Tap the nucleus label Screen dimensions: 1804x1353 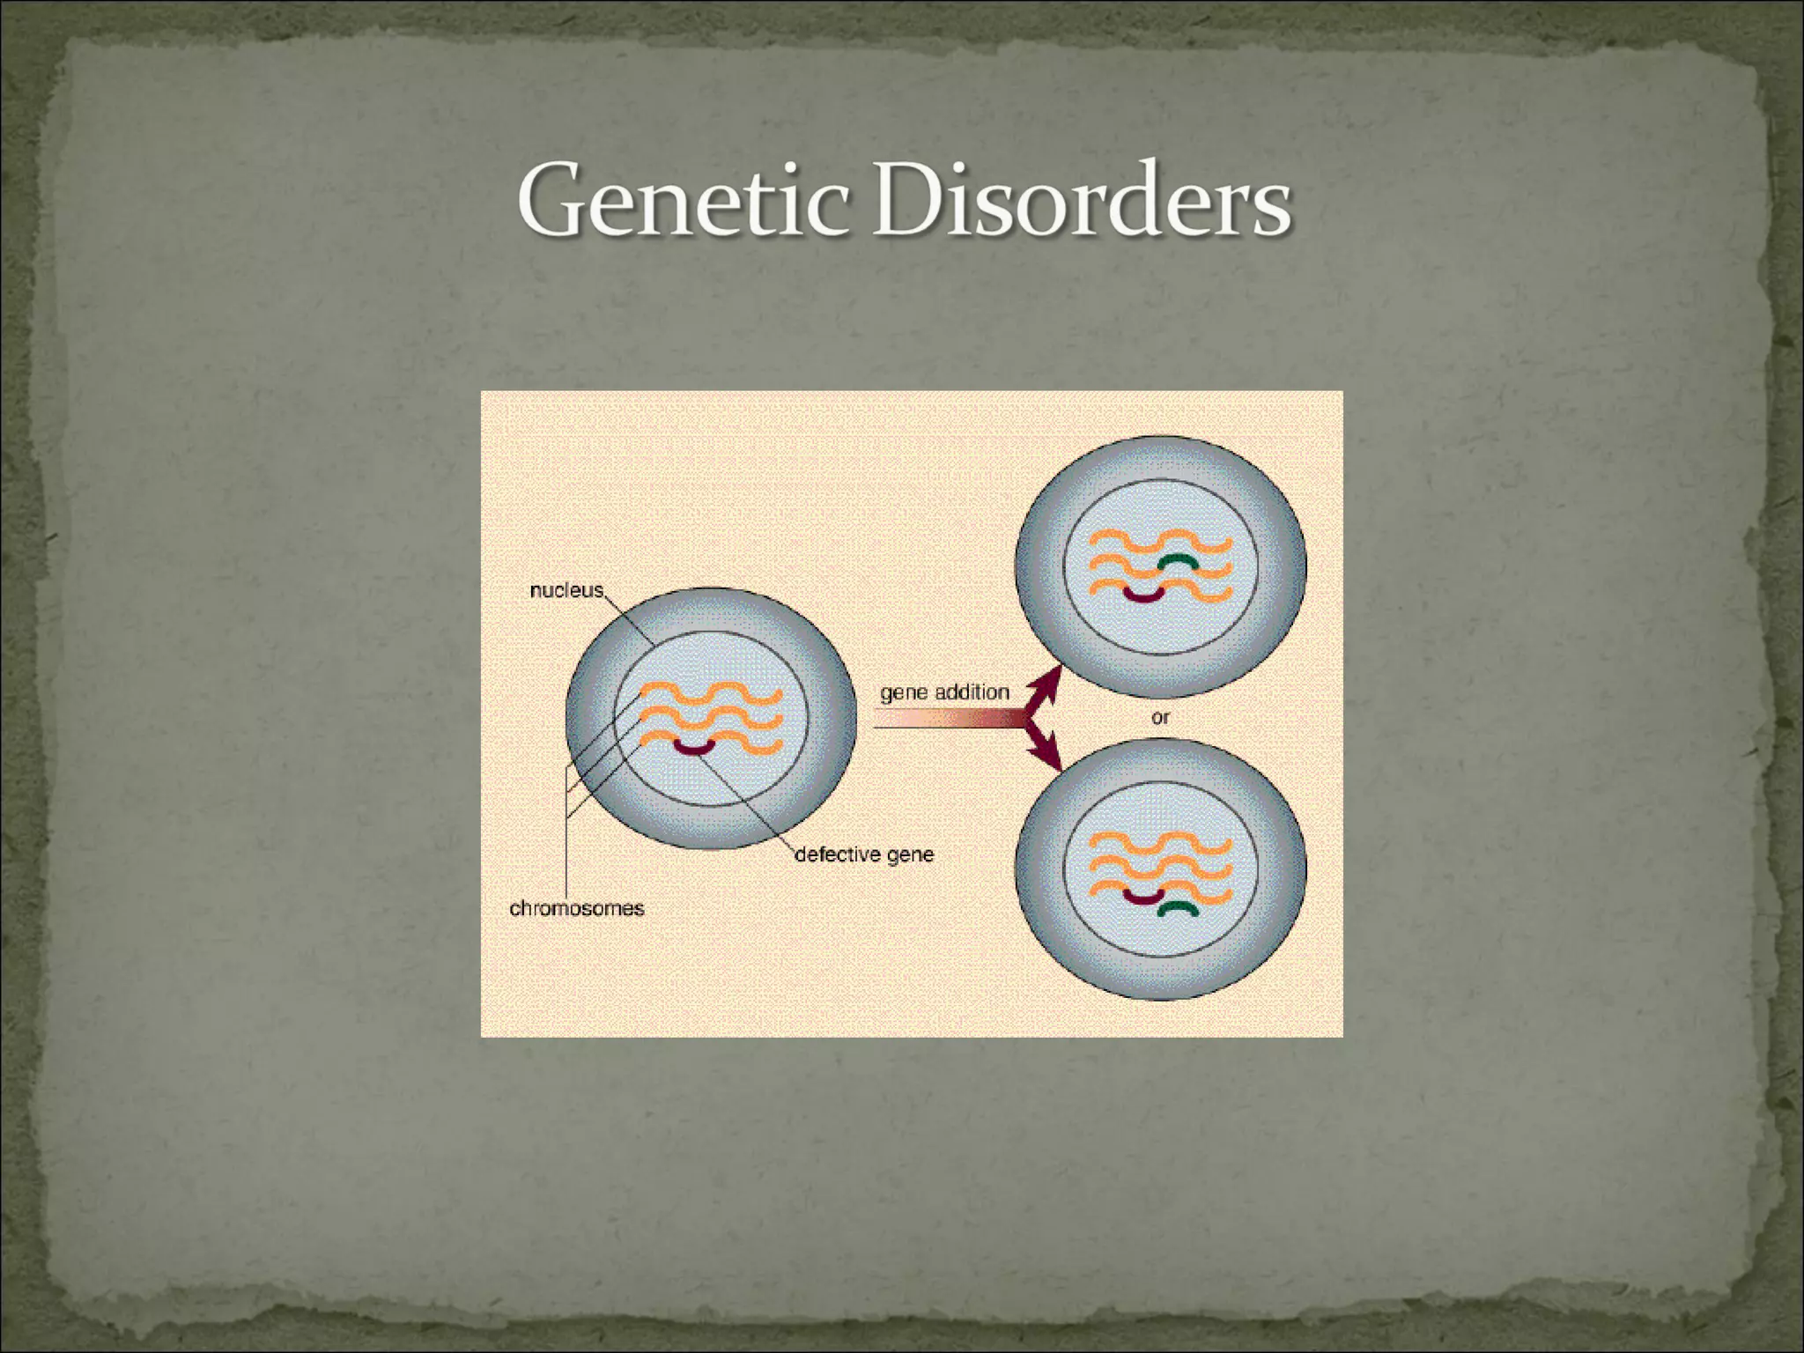[x=566, y=590]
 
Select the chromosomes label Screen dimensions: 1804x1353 [x=577, y=908]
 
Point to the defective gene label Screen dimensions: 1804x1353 [x=864, y=854]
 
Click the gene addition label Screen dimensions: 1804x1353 [x=944, y=692]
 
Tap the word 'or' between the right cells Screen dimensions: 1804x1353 [x=1160, y=718]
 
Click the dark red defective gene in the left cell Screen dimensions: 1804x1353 [x=695, y=749]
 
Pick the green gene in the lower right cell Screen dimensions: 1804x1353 [x=1178, y=908]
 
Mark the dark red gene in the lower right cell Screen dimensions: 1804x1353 [x=1143, y=898]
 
